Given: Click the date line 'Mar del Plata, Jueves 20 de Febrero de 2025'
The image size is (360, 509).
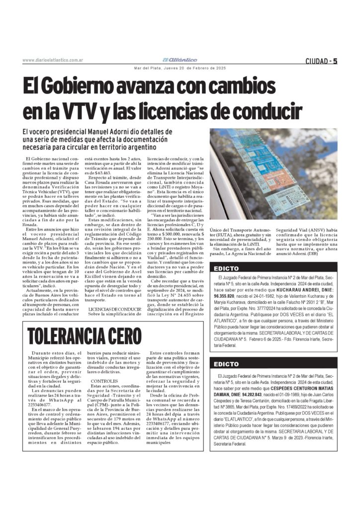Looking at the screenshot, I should [180, 68].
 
